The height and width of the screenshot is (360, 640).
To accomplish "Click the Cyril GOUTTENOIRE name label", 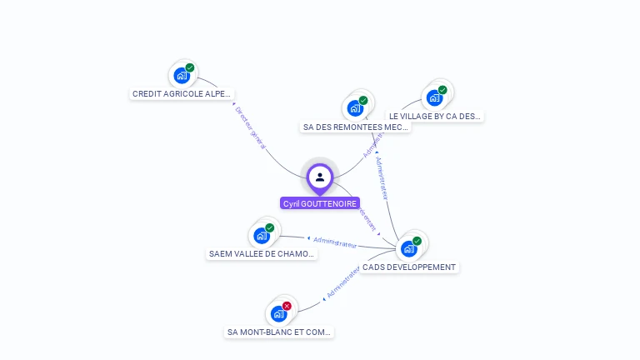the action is pyautogui.click(x=320, y=203).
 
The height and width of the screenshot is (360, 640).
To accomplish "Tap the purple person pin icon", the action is pyautogui.click(x=320, y=177).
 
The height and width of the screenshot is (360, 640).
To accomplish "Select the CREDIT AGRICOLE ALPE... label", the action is pyautogui.click(x=182, y=94).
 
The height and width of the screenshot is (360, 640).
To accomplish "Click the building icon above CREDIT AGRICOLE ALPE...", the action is pyautogui.click(x=181, y=76).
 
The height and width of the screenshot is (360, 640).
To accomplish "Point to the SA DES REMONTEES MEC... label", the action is pyautogui.click(x=355, y=127).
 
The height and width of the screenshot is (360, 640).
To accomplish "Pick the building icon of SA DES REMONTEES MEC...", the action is pyautogui.click(x=355, y=108).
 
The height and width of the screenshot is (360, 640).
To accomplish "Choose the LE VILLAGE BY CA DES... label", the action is pyautogui.click(x=435, y=117).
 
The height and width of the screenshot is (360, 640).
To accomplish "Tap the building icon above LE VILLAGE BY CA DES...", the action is pyautogui.click(x=433, y=98).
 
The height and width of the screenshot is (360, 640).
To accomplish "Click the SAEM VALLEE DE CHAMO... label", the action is pyautogui.click(x=262, y=254).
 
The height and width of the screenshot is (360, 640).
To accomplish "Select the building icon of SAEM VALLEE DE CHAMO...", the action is pyautogui.click(x=262, y=236).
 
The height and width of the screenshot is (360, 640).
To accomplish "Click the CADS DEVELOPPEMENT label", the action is pyautogui.click(x=409, y=267).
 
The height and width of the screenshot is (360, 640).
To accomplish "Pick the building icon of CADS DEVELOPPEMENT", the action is pyautogui.click(x=408, y=249).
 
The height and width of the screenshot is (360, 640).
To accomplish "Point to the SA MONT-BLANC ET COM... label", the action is pyautogui.click(x=279, y=332).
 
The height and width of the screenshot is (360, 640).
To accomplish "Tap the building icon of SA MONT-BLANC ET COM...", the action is pyautogui.click(x=278, y=314).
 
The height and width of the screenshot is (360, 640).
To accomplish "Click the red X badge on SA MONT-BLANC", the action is pyautogui.click(x=287, y=306).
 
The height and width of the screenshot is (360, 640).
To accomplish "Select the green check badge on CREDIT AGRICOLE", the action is pyautogui.click(x=190, y=67).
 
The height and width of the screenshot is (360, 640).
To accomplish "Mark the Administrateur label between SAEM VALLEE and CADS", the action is pyautogui.click(x=335, y=242).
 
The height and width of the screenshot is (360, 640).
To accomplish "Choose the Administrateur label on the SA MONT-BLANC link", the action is pyautogui.click(x=343, y=283).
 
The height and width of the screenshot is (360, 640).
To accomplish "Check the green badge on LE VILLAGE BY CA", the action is pyautogui.click(x=442, y=90).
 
